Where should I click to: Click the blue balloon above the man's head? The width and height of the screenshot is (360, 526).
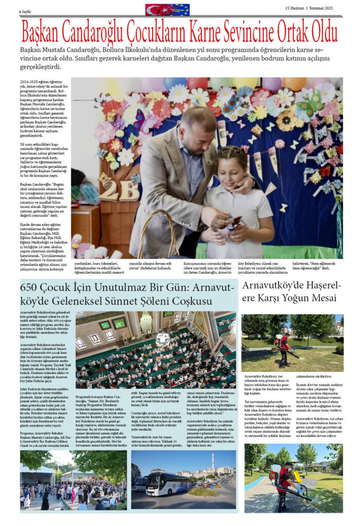pos(175,83)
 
